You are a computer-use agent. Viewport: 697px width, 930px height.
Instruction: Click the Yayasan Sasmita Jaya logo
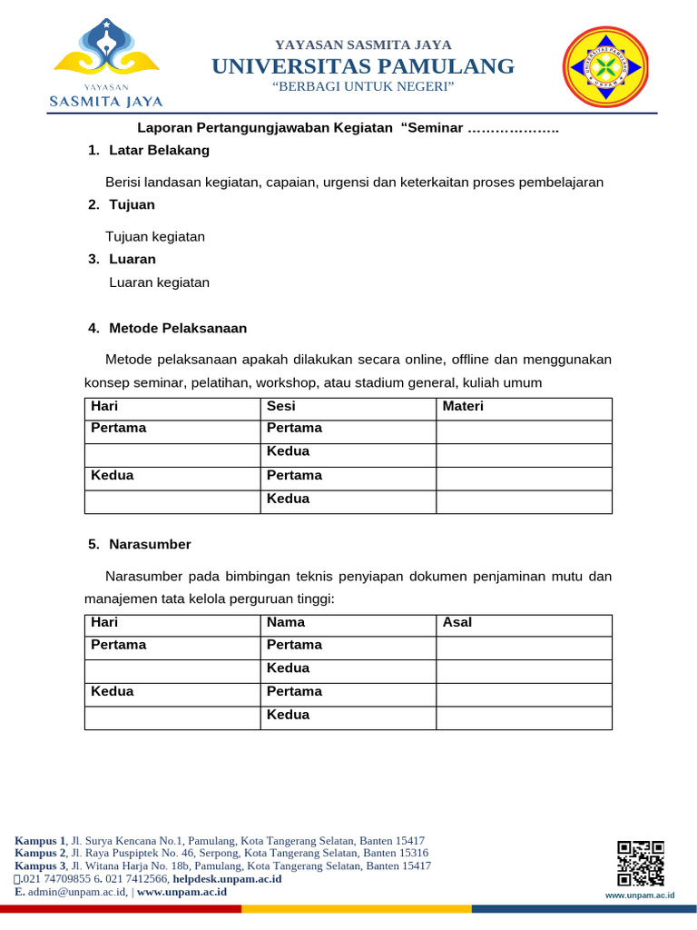tap(106, 64)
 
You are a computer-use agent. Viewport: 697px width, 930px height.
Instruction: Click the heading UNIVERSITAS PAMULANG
tap(363, 65)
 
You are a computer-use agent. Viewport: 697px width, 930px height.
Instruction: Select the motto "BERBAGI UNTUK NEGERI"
tap(363, 85)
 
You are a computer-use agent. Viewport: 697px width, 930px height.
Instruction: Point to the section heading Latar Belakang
tap(159, 150)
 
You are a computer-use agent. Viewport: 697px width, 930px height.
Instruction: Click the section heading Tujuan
tap(132, 204)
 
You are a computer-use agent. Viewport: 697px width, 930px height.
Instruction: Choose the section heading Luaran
tap(133, 259)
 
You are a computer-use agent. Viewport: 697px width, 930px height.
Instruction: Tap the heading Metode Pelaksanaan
tap(178, 328)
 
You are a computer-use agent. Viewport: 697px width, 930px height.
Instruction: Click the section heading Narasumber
tap(150, 544)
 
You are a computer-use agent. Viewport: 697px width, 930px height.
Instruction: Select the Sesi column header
tap(281, 406)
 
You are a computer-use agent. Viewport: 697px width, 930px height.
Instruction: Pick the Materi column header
tap(463, 406)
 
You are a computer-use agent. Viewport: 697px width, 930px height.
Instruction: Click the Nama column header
tap(286, 622)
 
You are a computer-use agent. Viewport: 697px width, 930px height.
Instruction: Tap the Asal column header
tap(457, 622)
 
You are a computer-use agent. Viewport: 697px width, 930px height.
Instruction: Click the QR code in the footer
tap(641, 863)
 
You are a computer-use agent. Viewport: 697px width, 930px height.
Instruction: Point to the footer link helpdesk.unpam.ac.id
tap(227, 879)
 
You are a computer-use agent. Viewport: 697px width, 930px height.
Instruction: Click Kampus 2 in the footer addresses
tap(41, 854)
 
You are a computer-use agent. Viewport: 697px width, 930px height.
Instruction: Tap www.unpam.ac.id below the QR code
tap(640, 895)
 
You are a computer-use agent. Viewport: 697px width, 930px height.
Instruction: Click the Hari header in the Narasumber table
tap(105, 622)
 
